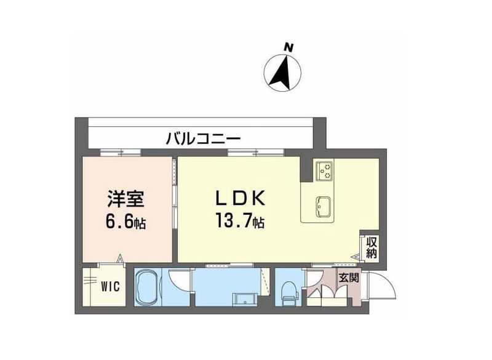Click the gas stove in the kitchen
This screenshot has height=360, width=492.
(324, 170)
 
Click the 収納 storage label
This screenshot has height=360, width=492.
(372, 247)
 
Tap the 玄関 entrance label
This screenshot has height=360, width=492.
(349, 278)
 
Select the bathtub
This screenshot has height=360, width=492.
(147, 287)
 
